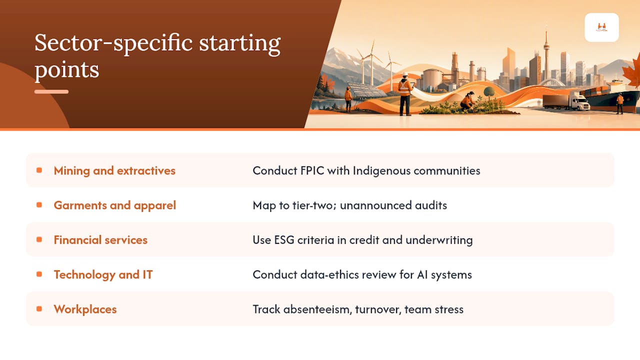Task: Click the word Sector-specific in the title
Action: coord(113,43)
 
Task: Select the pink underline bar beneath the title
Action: coord(51,91)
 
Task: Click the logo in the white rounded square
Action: coord(601,27)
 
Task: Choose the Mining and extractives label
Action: coord(114,170)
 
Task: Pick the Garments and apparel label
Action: coord(115,205)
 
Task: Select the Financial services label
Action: coord(100,240)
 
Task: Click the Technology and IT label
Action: coord(103,275)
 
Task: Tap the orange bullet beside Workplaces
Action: coord(39,309)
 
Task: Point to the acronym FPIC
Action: coord(312,170)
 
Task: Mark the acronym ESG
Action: coord(284,240)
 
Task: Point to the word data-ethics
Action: coord(329,275)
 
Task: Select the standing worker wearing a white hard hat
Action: coord(405,94)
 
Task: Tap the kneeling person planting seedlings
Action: coord(467,101)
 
